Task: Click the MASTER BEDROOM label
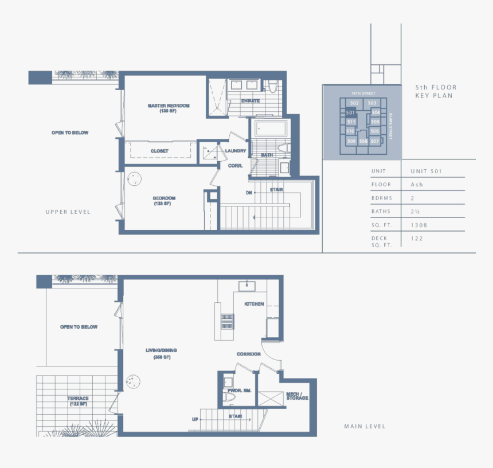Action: click(x=168, y=106)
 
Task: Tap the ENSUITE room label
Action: click(x=251, y=101)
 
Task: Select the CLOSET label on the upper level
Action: click(x=159, y=151)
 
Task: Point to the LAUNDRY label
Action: click(x=236, y=151)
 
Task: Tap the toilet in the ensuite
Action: click(x=273, y=87)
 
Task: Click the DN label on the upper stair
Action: click(x=249, y=192)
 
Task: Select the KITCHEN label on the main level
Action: click(x=254, y=304)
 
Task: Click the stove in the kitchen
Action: click(x=227, y=321)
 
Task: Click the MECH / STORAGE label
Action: click(x=297, y=396)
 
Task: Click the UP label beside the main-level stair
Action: click(x=195, y=419)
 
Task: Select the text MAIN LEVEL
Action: click(x=365, y=426)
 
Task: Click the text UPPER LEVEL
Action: click(x=68, y=212)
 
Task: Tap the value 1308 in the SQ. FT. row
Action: click(x=419, y=225)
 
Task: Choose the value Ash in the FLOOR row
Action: click(x=417, y=185)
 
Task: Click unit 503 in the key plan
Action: click(x=372, y=103)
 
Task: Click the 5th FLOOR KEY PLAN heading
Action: click(x=436, y=91)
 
